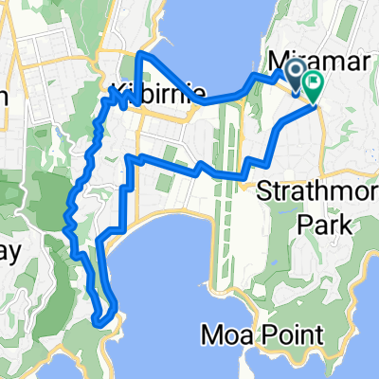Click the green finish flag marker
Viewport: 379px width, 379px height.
coord(311,85)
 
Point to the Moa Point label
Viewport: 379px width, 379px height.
coord(262,334)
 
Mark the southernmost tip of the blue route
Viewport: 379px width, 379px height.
coord(99,323)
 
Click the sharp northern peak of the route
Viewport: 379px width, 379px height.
coord(140,54)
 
